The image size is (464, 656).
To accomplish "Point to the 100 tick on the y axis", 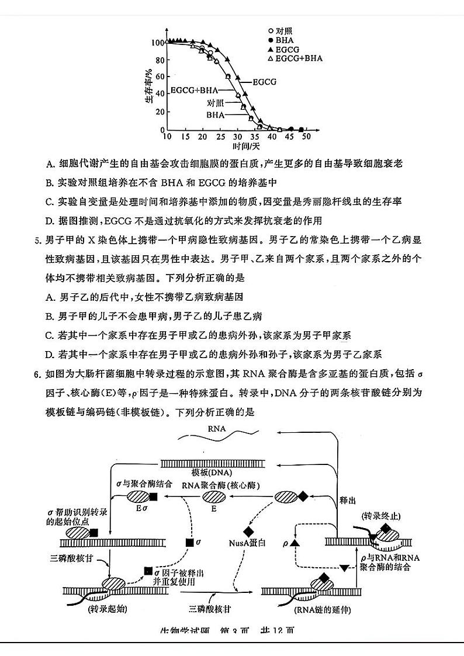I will point(157,43).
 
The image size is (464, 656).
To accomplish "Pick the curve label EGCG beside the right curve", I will point(264,82).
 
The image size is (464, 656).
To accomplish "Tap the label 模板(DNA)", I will point(212,472).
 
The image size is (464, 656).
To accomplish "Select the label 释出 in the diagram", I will point(348,501).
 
